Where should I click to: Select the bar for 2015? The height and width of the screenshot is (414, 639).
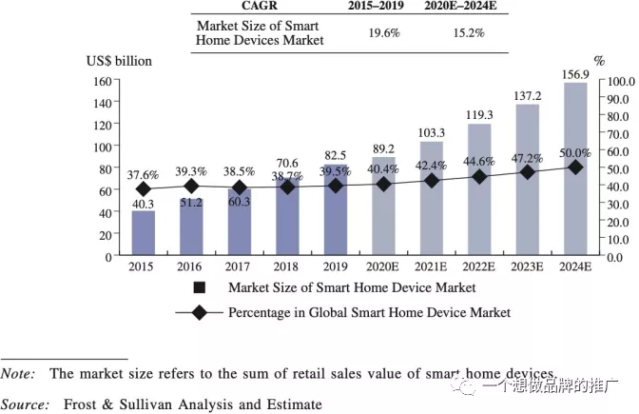(x=144, y=233)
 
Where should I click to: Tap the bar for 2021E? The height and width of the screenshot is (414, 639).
(x=432, y=198)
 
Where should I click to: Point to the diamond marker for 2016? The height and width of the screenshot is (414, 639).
(x=191, y=186)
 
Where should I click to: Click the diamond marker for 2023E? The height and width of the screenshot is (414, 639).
(x=528, y=172)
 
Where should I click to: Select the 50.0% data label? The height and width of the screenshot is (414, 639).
(x=574, y=152)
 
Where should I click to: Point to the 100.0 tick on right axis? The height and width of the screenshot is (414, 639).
(x=621, y=81)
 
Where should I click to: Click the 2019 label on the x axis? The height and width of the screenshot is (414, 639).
(x=336, y=266)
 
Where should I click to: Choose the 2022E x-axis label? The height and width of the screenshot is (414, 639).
(x=479, y=266)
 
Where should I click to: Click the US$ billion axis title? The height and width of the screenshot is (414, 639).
(x=120, y=61)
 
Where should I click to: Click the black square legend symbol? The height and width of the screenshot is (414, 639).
(x=200, y=287)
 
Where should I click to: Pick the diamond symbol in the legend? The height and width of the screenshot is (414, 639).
(x=200, y=311)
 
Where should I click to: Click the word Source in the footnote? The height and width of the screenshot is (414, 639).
(x=26, y=404)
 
